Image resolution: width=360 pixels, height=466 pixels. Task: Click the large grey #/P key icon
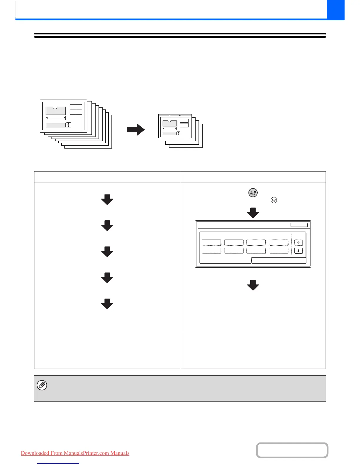tap(253, 193)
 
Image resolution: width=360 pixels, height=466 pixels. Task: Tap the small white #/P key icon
tap(274, 200)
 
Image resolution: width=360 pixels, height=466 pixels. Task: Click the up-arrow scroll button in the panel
tap(299, 243)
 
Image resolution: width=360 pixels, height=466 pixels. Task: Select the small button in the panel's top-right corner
tap(299, 225)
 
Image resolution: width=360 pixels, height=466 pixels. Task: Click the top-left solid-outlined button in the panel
tap(211, 242)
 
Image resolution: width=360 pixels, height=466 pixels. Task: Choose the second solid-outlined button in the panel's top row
tap(234, 242)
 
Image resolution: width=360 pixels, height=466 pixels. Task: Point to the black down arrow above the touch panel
tap(253, 213)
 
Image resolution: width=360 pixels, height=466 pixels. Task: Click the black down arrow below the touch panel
tap(253, 285)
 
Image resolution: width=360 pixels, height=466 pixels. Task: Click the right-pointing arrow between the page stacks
tap(136, 130)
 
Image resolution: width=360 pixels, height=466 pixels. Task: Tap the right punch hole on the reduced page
tap(180, 115)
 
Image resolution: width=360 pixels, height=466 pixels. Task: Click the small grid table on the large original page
tap(76, 110)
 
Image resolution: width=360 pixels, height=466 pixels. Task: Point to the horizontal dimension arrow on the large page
tap(56, 118)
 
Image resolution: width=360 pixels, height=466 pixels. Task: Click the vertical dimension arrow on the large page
tap(69, 125)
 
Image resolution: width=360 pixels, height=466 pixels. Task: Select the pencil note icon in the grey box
tap(42, 385)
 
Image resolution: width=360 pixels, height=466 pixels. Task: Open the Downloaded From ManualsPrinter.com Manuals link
tap(75, 453)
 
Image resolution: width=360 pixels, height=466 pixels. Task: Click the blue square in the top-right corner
tap(336, 10)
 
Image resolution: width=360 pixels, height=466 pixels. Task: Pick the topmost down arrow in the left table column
tap(107, 200)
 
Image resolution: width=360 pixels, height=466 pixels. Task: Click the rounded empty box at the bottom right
tap(292, 450)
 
